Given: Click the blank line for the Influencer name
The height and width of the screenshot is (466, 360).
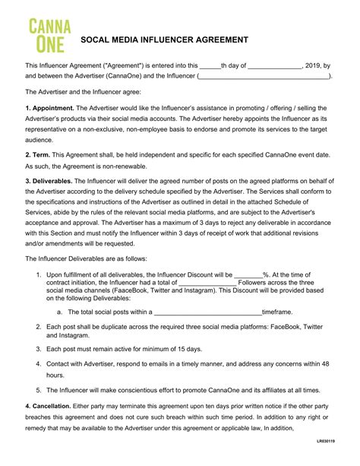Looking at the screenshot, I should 264,77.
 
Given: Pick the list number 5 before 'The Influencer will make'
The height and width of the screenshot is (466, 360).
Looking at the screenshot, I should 39,390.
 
